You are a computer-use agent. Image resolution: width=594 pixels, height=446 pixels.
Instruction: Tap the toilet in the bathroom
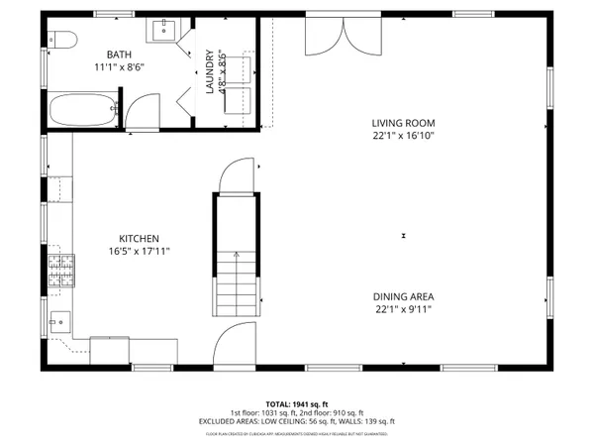pyautogui.click(x=62, y=41)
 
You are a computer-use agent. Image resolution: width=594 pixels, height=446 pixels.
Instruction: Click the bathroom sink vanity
pyautogui.click(x=164, y=29)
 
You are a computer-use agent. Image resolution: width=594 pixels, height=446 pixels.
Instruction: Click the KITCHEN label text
pyautogui.click(x=140, y=239)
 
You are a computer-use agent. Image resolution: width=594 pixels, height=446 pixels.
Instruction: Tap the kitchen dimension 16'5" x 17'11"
pyautogui.click(x=140, y=252)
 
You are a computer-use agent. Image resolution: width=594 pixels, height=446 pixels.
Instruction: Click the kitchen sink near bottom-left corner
pyautogui.click(x=60, y=323)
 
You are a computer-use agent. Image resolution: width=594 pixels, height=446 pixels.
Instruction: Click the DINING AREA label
pyautogui.click(x=404, y=296)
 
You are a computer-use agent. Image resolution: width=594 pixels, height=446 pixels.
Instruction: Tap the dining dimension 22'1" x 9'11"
pyautogui.click(x=404, y=309)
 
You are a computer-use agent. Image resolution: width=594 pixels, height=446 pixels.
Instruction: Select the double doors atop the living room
pyautogui.click(x=337, y=39)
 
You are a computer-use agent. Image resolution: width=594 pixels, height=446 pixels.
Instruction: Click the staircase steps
pyautogui.click(x=236, y=282)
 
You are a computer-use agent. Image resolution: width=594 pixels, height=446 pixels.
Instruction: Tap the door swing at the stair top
pyautogui.click(x=236, y=178)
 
